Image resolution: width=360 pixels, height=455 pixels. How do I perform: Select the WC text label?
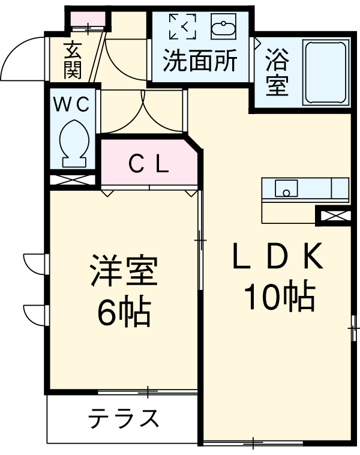pyautogui.click(x=73, y=104)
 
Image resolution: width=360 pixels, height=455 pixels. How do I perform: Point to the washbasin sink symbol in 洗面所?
pyautogui.click(x=223, y=27)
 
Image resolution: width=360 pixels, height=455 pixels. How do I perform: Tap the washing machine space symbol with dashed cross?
pyautogui.click(x=182, y=26)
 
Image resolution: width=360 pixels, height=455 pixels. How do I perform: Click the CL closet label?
pyautogui.click(x=148, y=163)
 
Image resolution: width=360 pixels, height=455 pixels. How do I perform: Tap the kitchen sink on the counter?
pyautogui.click(x=287, y=188)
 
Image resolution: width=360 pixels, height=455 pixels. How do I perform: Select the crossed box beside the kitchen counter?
pyautogui.click(x=333, y=215)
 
